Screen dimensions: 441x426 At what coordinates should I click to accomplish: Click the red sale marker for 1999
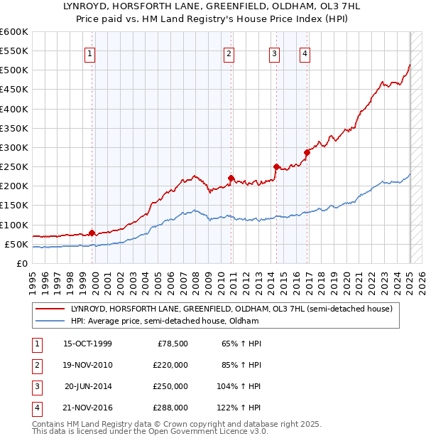92,233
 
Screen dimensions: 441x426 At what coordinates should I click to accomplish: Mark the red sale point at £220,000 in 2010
231,178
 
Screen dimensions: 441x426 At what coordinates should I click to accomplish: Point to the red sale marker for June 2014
275,166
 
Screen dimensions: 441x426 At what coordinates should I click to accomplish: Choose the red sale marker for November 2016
307,152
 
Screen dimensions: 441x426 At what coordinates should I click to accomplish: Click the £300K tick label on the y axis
14,147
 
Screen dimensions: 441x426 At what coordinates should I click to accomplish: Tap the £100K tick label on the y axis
14,225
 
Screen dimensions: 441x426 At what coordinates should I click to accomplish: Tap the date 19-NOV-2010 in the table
87,365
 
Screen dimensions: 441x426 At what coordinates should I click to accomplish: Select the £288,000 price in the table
170,408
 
